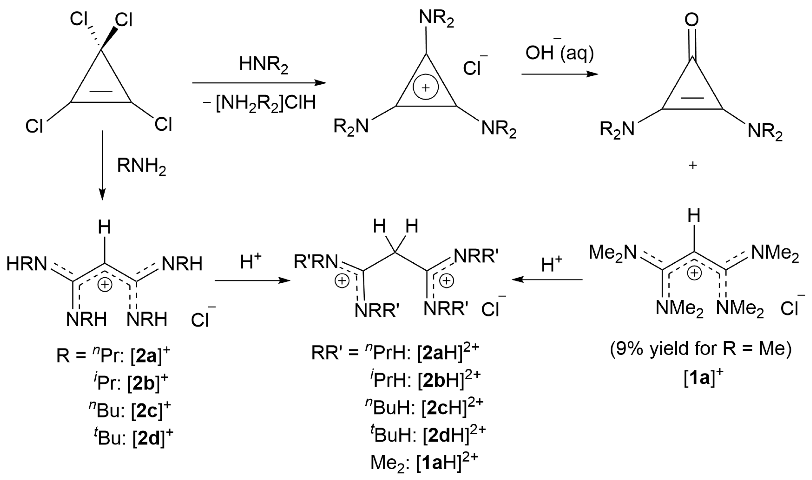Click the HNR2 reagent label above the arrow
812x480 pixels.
263,65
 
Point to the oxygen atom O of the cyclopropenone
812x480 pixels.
691,20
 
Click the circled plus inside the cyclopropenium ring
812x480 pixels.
425,87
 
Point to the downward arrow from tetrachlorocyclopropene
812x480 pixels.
102,165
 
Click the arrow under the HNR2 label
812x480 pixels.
259,83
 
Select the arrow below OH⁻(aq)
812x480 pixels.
560,74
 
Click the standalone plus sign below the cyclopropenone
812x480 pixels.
692,166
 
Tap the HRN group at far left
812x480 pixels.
27,264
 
